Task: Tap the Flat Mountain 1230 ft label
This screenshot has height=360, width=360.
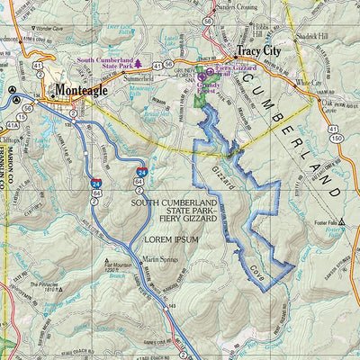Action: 114,267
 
